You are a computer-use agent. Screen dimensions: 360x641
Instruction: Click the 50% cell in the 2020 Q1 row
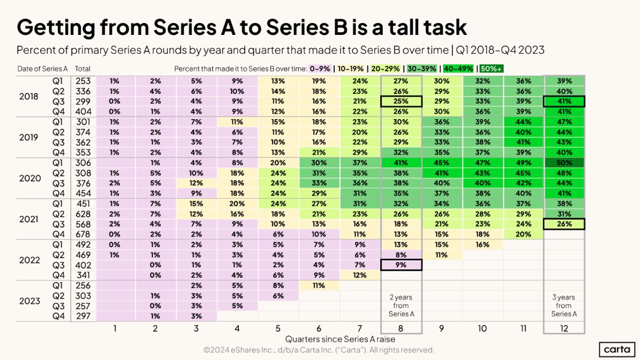click(x=564, y=163)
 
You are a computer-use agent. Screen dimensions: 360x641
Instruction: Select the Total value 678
click(x=82, y=234)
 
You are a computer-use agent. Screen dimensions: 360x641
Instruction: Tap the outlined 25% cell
click(x=401, y=101)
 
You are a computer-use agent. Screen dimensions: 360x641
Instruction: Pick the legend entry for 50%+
click(x=492, y=69)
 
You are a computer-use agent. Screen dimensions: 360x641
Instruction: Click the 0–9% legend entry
click(x=318, y=69)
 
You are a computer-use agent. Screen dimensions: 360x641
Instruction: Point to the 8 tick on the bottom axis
click(x=401, y=329)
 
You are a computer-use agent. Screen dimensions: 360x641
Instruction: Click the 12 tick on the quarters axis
click(x=564, y=329)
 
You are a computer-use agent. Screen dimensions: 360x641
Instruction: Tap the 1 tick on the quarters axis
click(x=115, y=329)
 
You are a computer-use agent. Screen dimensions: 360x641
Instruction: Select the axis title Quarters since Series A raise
click(x=340, y=339)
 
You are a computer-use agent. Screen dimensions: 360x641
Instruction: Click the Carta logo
click(x=618, y=349)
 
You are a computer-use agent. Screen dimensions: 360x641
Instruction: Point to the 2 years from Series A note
click(x=401, y=305)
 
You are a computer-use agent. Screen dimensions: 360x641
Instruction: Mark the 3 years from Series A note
click(x=564, y=305)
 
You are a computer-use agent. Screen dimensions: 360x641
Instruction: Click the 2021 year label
click(x=30, y=219)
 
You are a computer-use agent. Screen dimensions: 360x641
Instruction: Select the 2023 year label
click(x=30, y=300)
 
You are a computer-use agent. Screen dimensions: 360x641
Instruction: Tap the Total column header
click(x=82, y=69)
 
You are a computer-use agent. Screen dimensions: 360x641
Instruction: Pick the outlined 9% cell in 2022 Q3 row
click(x=401, y=264)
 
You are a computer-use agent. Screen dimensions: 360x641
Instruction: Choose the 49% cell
click(x=523, y=163)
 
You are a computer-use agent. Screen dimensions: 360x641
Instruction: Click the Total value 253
click(x=82, y=81)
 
